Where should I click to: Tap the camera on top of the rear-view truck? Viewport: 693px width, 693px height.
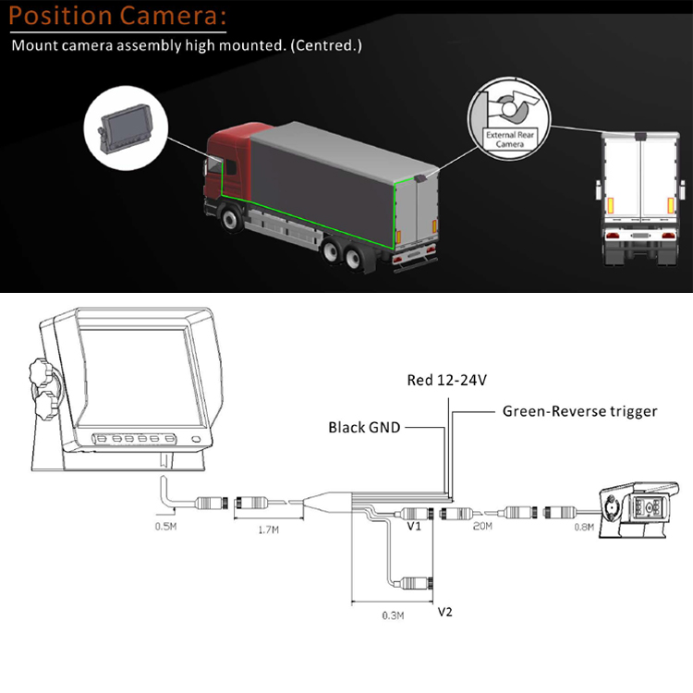(639, 136)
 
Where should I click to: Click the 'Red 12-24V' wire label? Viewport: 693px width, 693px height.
(447, 381)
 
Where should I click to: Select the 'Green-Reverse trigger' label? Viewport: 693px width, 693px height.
(579, 411)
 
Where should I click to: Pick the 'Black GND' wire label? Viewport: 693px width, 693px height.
(365, 428)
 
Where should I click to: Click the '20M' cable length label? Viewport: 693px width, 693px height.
(483, 527)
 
